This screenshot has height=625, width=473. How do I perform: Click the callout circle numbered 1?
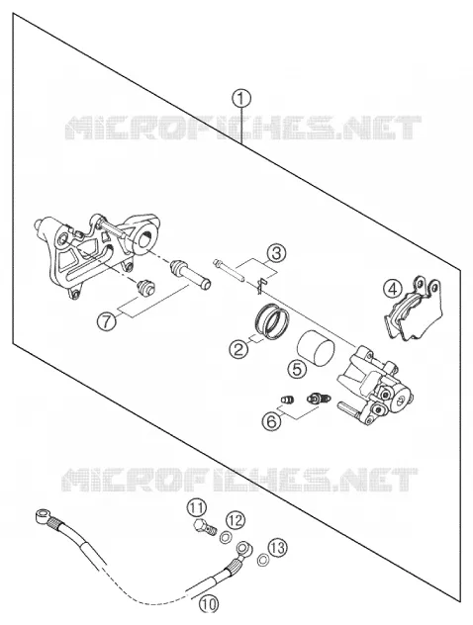[x=241, y=99]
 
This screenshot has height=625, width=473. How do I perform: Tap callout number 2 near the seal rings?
[x=238, y=349]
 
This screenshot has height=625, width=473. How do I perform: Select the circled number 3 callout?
[x=276, y=253]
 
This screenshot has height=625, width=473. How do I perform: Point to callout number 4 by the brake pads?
[x=393, y=290]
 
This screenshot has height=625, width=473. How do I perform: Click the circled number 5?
[x=298, y=369]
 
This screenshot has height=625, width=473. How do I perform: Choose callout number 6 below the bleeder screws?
[x=271, y=421]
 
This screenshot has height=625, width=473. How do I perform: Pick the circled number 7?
[x=107, y=320]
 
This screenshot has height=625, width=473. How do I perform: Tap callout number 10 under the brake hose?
[x=209, y=604]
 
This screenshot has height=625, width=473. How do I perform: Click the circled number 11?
[x=197, y=509]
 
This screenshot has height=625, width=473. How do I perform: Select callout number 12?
[x=236, y=520]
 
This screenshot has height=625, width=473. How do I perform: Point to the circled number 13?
[x=277, y=548]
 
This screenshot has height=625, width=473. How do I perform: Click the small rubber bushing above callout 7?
[x=145, y=288]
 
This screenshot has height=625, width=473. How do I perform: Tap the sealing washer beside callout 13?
[x=262, y=561]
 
